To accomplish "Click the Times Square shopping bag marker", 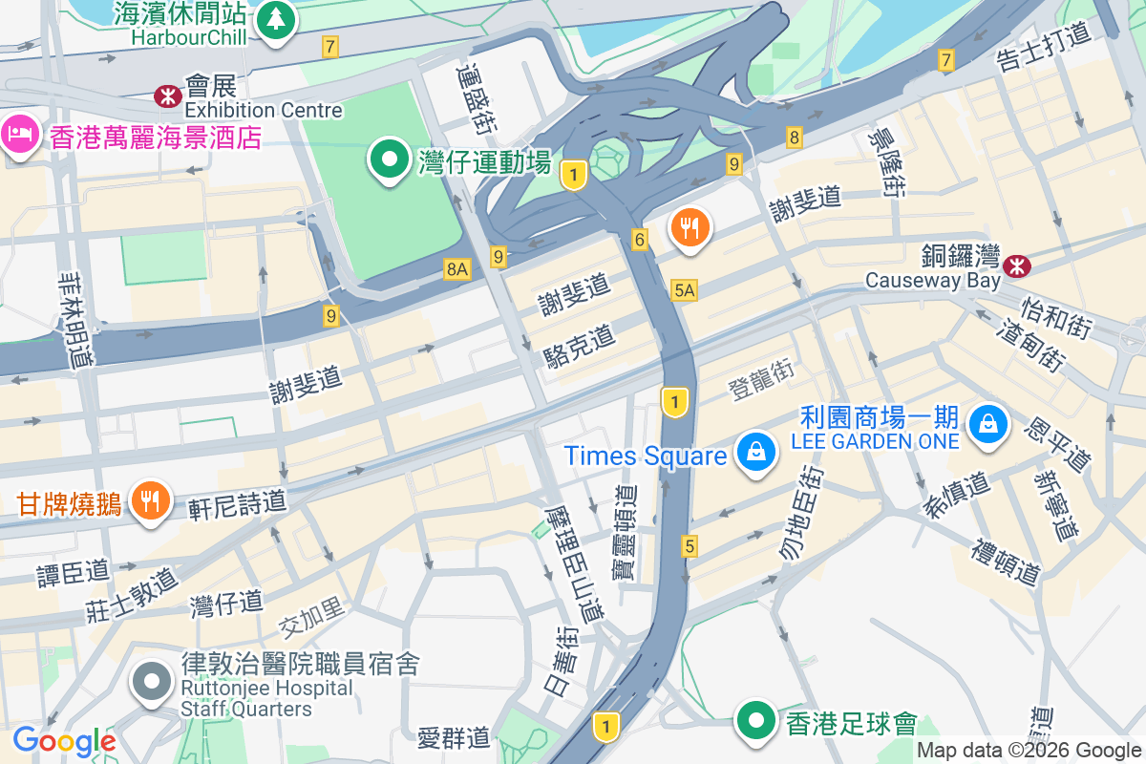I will [755, 452].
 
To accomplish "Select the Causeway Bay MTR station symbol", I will [1016, 265].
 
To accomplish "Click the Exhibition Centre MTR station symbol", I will [168, 95].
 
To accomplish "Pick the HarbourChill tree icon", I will [276, 18].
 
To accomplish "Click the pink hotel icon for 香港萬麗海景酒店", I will [20, 132].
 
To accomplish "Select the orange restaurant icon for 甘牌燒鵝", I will [150, 499].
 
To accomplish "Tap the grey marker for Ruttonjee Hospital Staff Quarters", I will [151, 682].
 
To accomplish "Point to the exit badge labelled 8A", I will [457, 270].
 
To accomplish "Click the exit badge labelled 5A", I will [684, 290].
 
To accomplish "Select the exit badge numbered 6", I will [640, 240].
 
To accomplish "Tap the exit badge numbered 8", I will [795, 138].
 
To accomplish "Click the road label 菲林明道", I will [75, 319].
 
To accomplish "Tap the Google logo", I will [64, 741].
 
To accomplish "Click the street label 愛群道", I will [454, 737].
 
